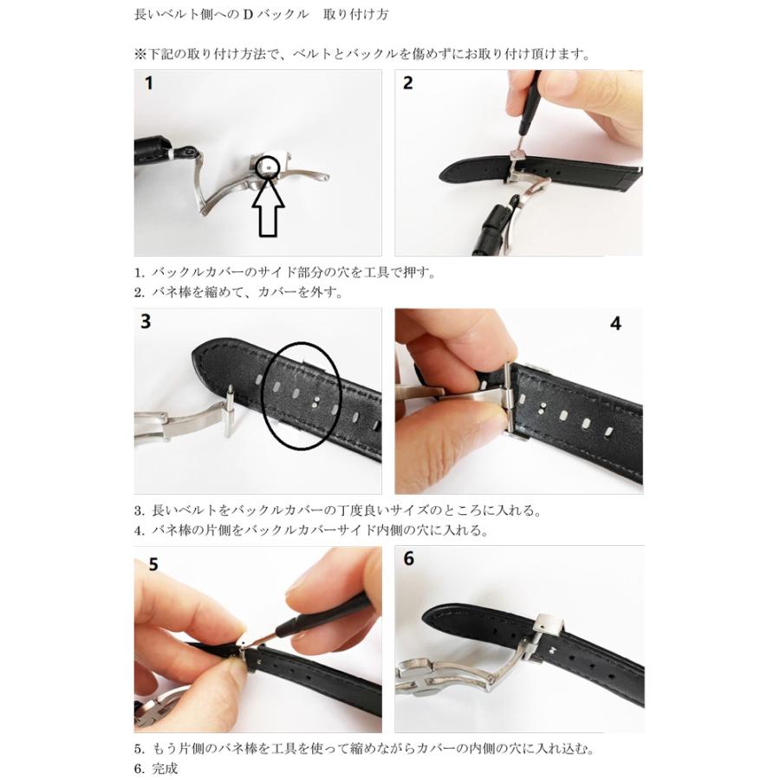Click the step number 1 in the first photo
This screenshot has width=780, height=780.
[x=149, y=84]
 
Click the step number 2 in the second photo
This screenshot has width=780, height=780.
[x=408, y=84]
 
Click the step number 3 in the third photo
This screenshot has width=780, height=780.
[x=146, y=322]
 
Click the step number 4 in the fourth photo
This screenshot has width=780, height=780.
[x=616, y=323]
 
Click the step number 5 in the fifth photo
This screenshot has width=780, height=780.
[x=153, y=564]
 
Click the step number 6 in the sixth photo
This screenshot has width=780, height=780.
[x=409, y=559]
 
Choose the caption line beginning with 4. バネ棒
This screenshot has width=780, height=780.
[x=310, y=530]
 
